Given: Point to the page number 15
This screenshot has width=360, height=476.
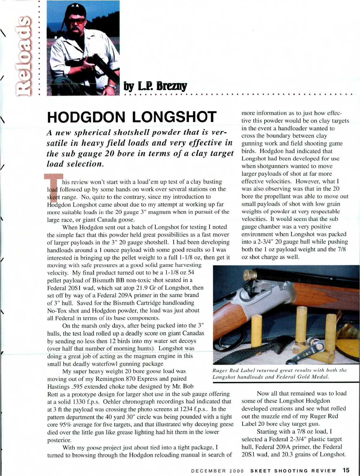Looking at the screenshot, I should (346, 470).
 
